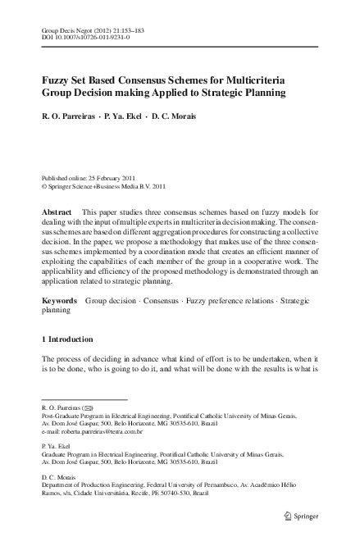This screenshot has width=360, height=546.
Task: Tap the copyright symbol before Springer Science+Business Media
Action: click(43, 186)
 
